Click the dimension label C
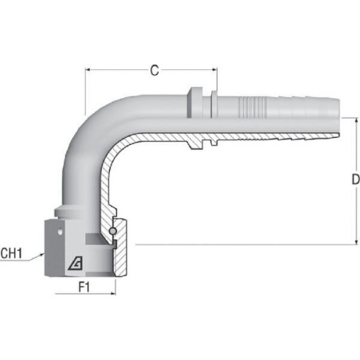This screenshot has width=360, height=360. coord(155,70)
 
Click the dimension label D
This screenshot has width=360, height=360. coord(355,180)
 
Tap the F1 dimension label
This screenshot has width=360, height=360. coord(84,287)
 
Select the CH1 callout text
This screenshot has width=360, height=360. coord(11,253)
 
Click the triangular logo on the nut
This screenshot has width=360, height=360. coord(76,264)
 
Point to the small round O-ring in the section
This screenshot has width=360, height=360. coord(112,231)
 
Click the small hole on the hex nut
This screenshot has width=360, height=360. coord(61,232)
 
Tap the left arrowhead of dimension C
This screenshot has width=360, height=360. coord(88,70)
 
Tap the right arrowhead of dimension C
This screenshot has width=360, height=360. coord(214,70)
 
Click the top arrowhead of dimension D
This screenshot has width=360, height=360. coord(356,120)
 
